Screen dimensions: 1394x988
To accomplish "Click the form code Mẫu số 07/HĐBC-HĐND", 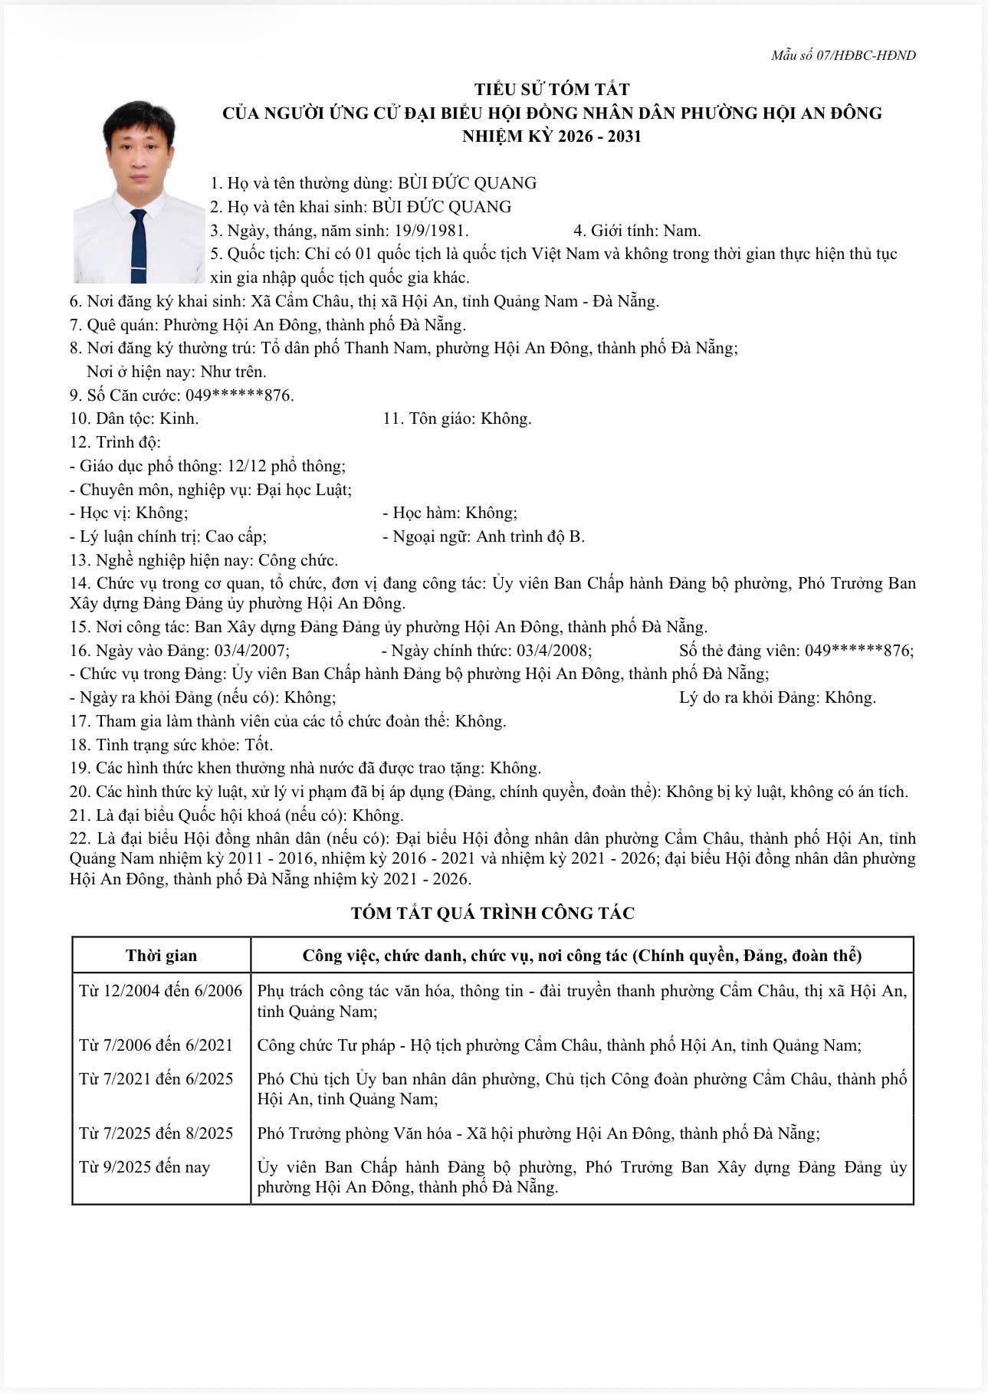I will pyautogui.click(x=843, y=55).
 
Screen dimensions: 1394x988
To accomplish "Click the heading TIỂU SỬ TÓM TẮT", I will pyautogui.click(x=552, y=90).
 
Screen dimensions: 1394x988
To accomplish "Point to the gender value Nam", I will pyautogui.click(x=681, y=230).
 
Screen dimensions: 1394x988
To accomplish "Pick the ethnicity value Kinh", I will pyautogui.click(x=179, y=418).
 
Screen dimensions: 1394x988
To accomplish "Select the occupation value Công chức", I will pyautogui.click(x=298, y=560).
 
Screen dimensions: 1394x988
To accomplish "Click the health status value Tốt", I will pyautogui.click(x=258, y=744).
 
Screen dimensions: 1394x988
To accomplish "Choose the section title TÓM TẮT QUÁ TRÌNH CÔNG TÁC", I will pyautogui.click(x=493, y=913).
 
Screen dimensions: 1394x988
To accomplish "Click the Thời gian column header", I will pyautogui.click(x=161, y=956).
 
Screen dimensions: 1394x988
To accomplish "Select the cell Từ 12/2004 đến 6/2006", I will pyautogui.click(x=160, y=991).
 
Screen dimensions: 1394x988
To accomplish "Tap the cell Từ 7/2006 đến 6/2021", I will pyautogui.click(x=156, y=1045).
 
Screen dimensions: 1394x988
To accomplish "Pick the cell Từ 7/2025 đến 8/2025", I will pyautogui.click(x=156, y=1133).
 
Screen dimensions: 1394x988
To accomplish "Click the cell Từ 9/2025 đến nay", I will pyautogui.click(x=144, y=1167).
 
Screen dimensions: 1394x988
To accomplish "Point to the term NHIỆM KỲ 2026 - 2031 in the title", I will pyautogui.click(x=552, y=136).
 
